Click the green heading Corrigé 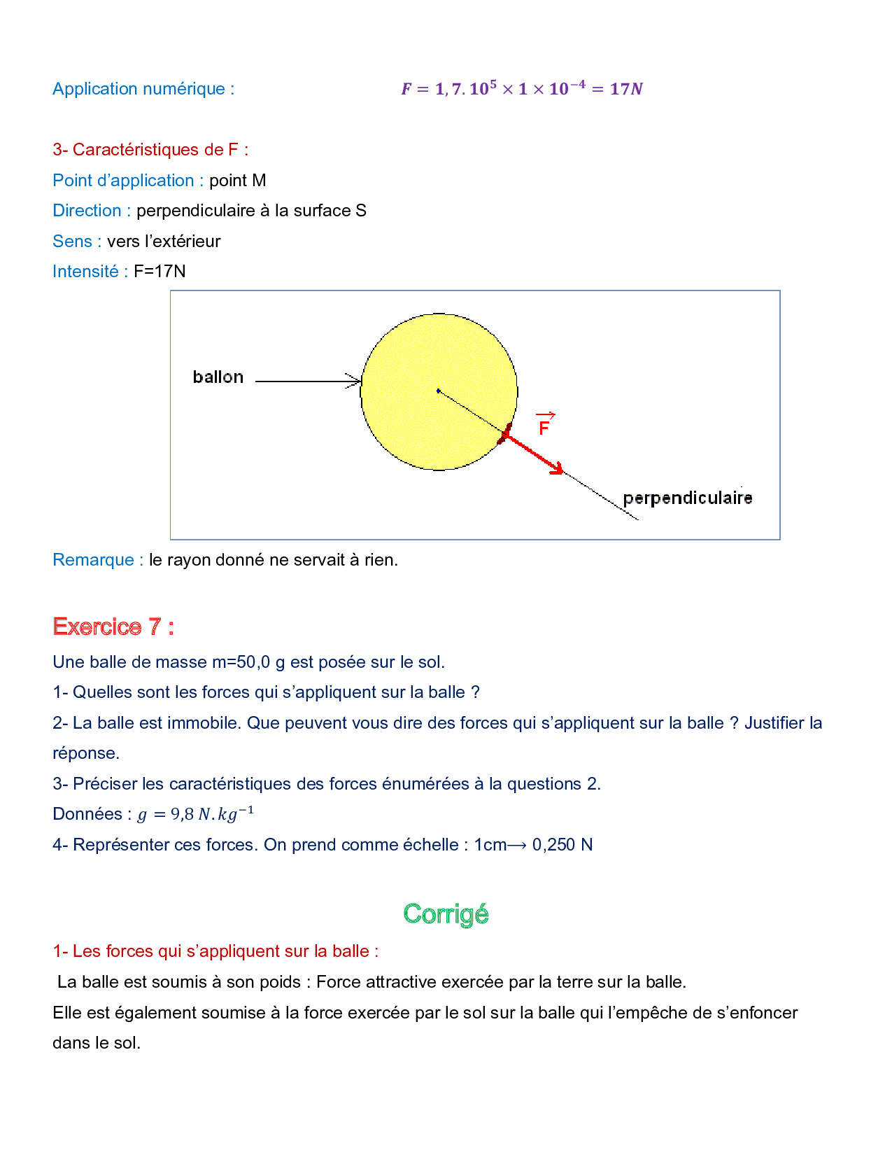[446, 914]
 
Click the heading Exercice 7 [113, 626]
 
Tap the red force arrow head [558, 469]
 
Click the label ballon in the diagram [218, 377]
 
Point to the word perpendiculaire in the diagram [687, 498]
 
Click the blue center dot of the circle [439, 391]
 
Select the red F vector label [544, 425]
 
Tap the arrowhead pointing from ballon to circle [355, 381]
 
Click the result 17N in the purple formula [626, 89]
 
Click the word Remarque [93, 560]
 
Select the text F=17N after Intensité [160, 272]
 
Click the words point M [237, 181]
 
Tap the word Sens [72, 241]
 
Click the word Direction [87, 211]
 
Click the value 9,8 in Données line [182, 815]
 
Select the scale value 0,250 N [562, 845]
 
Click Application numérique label [143, 89]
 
